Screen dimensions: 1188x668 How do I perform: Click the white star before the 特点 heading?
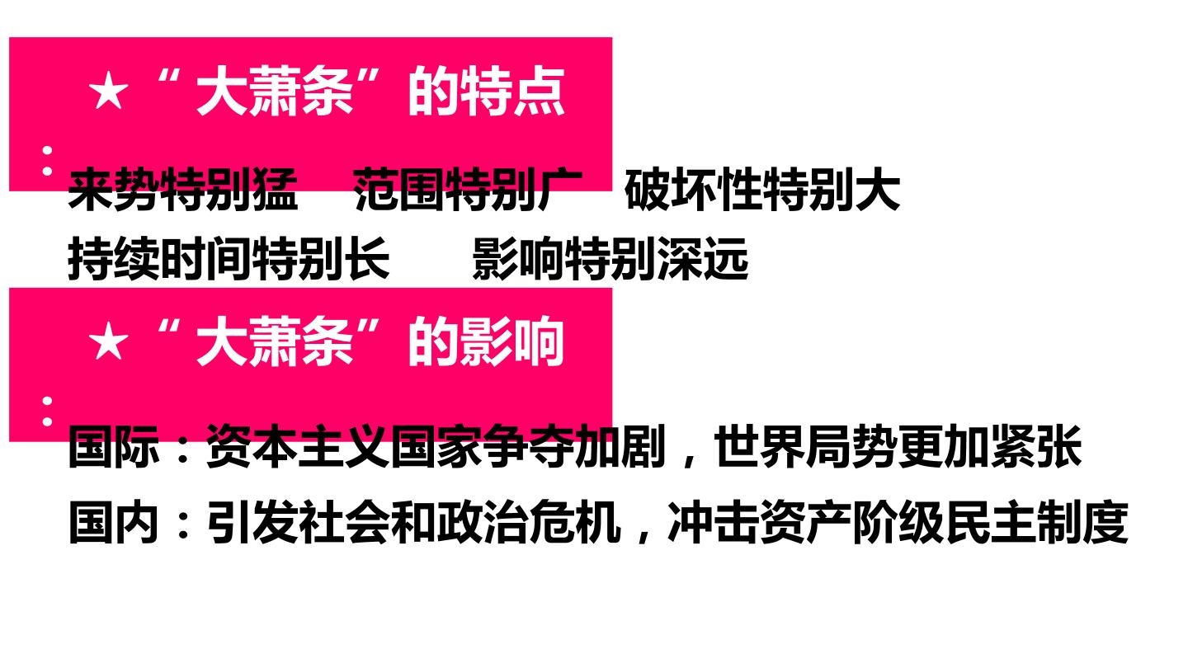pyautogui.click(x=109, y=92)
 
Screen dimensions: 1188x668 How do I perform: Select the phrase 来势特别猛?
pyautogui.click(x=183, y=191)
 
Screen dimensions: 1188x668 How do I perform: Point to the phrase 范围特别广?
pyautogui.click(x=468, y=191)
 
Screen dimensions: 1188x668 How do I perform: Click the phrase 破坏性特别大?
pyautogui.click(x=762, y=191)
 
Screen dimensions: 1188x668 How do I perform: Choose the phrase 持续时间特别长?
pyautogui.click(x=229, y=259)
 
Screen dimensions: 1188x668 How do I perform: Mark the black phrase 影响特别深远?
pyautogui.click(x=610, y=259)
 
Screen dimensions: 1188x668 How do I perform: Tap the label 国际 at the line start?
pyautogui.click(x=114, y=446)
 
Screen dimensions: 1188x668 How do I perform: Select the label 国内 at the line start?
pyautogui.click(x=114, y=523)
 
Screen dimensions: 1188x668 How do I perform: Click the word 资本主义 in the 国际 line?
pyautogui.click(x=299, y=446)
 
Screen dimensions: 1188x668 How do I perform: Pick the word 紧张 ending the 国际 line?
pyautogui.click(x=1036, y=446)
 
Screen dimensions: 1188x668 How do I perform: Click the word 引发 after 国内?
pyautogui.click(x=252, y=523)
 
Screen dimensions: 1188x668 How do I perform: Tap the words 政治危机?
pyautogui.click(x=530, y=523)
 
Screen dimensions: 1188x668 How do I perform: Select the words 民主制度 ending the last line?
pyautogui.click(x=1037, y=523)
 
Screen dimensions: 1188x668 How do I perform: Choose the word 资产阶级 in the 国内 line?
pyautogui.click(x=853, y=523)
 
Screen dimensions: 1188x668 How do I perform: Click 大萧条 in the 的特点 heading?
pyautogui.click(x=274, y=92)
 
